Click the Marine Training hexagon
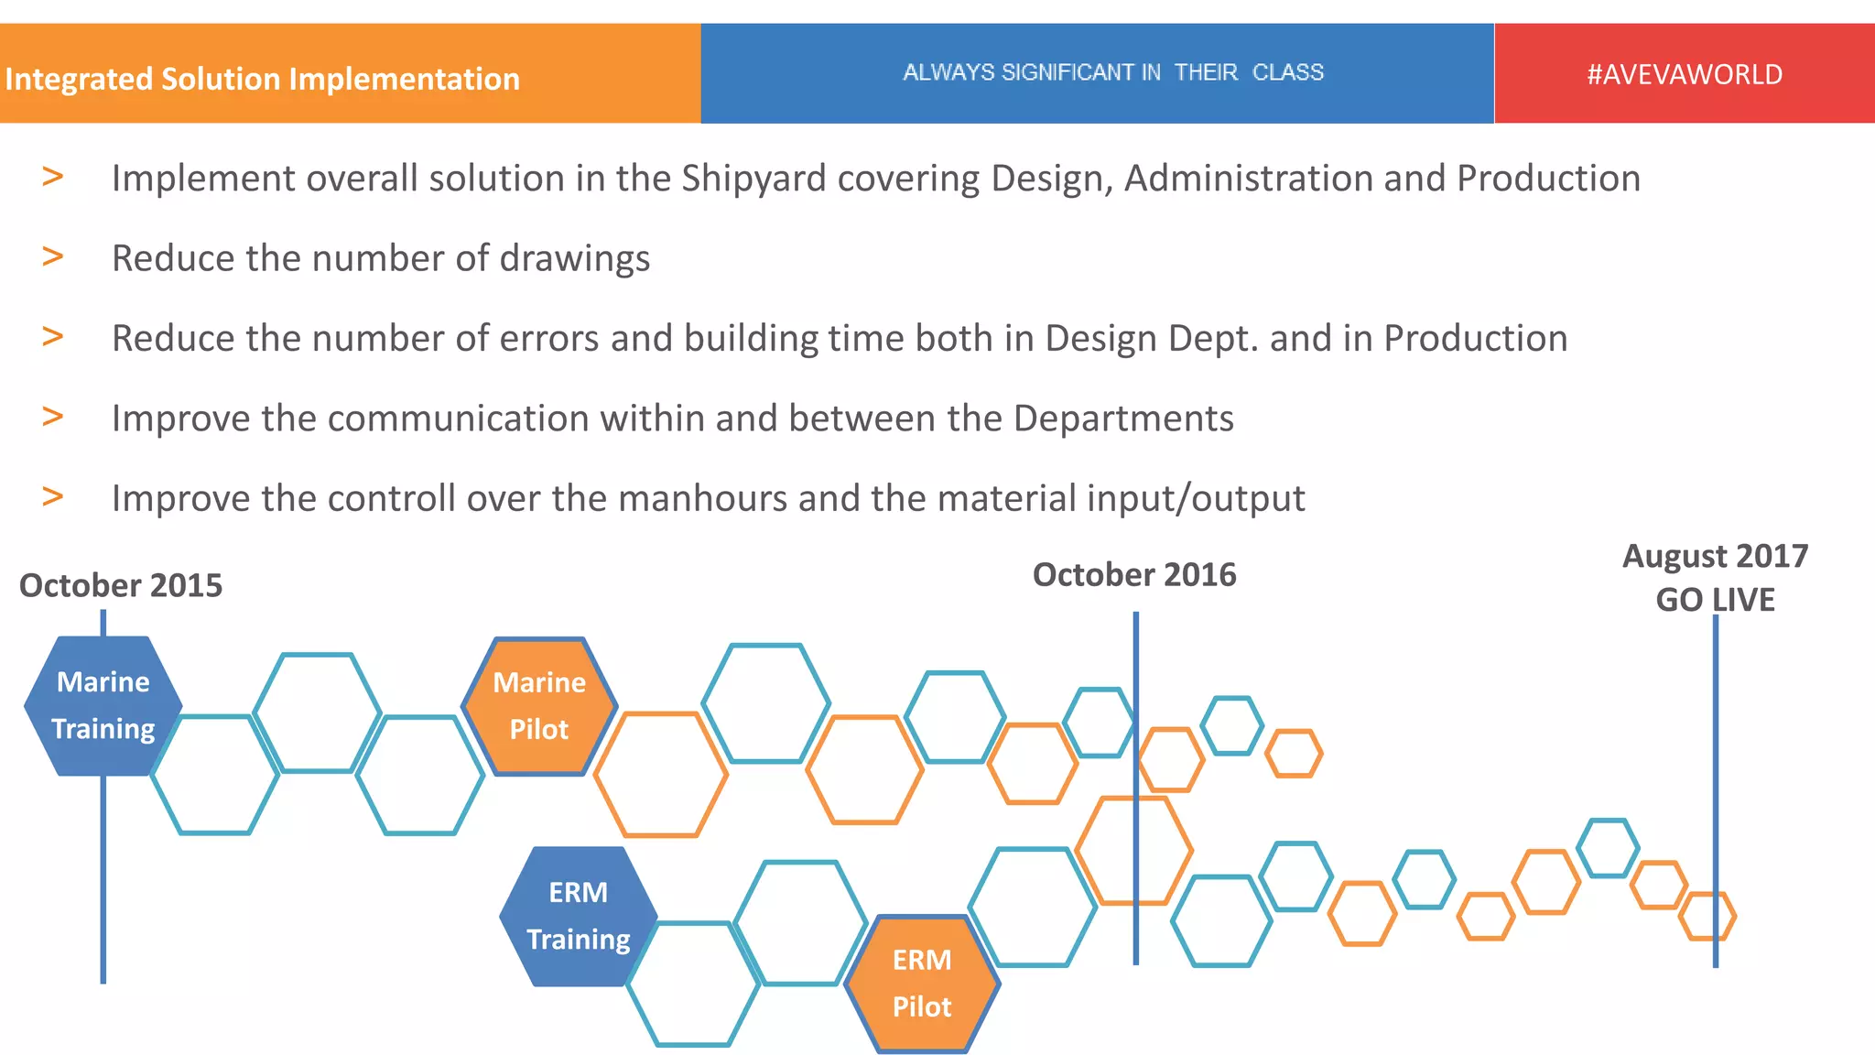(x=103, y=706)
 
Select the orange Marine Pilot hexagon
(x=539, y=706)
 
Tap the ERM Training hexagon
(x=578, y=916)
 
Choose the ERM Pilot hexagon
(x=922, y=984)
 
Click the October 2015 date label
(x=121, y=585)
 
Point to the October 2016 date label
(x=1134, y=574)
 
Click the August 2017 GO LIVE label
(x=1715, y=577)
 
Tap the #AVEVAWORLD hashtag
(x=1685, y=74)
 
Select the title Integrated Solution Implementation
(x=263, y=79)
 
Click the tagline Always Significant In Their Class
(x=1113, y=72)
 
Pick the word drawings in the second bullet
(x=575, y=258)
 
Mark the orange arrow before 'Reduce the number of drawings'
(x=53, y=256)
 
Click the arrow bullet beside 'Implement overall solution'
(x=53, y=176)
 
